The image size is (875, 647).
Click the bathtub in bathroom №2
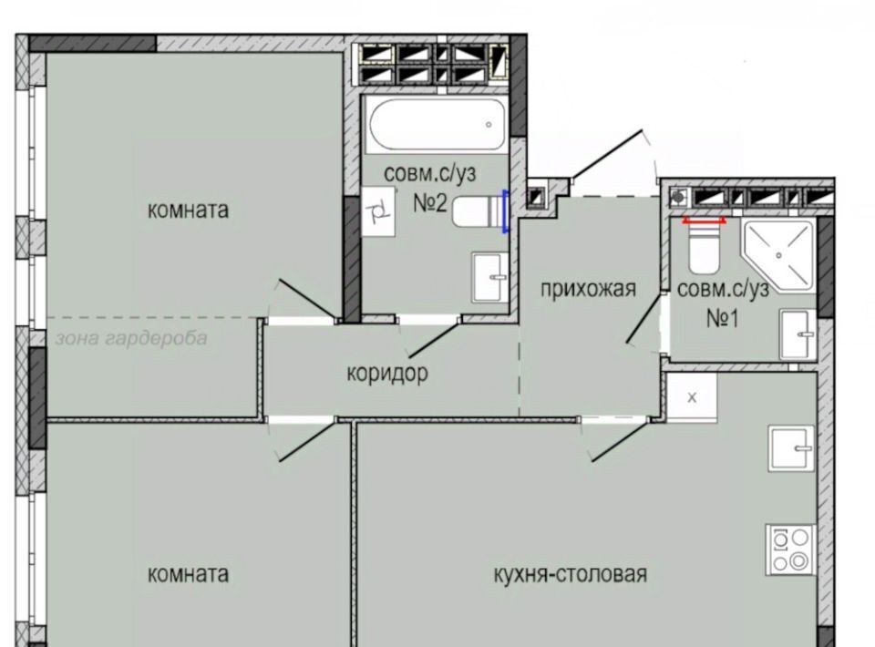[437, 125]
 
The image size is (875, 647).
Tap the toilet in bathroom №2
[477, 211]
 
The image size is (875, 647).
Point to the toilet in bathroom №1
[705, 247]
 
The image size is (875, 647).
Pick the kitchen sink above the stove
[792, 448]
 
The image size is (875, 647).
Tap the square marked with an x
[692, 397]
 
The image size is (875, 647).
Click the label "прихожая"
[588, 289]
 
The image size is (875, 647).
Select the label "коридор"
[387, 373]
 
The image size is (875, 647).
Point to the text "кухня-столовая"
[571, 573]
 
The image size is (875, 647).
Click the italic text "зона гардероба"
[131, 338]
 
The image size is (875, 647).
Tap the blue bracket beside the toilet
[506, 211]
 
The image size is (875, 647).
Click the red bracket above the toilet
[705, 221]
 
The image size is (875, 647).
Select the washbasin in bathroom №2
[490, 277]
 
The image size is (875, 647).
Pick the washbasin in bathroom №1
[798, 334]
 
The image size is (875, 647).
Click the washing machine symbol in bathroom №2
[378, 212]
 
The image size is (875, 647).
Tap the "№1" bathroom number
[723, 318]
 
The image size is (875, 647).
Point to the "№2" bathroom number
[430, 202]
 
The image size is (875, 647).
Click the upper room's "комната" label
[188, 211]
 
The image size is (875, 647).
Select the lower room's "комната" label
[188, 573]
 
